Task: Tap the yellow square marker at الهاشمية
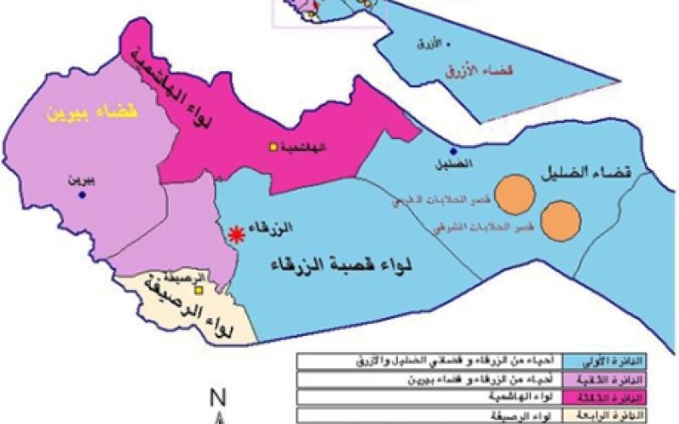273,147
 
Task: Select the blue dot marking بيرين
82,195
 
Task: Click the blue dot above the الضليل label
453,149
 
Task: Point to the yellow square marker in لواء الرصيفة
198,290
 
